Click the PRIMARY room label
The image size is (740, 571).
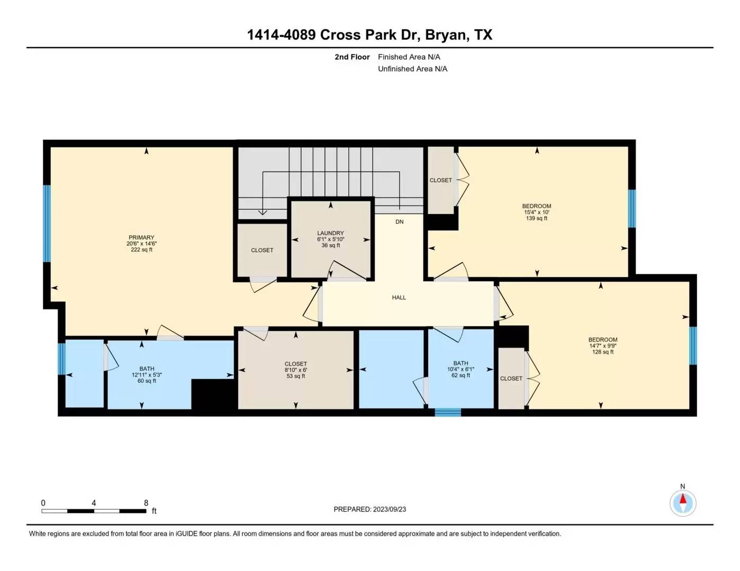(141, 237)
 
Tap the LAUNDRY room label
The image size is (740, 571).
(330, 233)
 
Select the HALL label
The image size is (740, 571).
(399, 298)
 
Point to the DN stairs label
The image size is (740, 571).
(400, 222)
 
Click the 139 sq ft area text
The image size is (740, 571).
(537, 218)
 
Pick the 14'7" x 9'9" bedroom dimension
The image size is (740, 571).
(603, 346)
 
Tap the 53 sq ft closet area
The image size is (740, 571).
(295, 376)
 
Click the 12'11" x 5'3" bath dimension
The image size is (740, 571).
(147, 375)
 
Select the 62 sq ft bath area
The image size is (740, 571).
(461, 375)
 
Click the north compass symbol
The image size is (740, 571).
(683, 503)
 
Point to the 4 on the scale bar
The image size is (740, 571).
(94, 503)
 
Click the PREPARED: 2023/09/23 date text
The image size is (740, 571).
(370, 510)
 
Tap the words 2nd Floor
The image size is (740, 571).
(352, 57)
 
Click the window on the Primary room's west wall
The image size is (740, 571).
(47, 224)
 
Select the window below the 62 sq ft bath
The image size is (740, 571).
(448, 412)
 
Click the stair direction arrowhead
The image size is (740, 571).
(262, 213)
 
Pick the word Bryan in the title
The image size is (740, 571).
(446, 35)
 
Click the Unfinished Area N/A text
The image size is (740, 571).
(412, 69)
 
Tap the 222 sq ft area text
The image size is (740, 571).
(141, 250)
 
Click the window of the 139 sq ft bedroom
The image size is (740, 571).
(631, 208)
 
